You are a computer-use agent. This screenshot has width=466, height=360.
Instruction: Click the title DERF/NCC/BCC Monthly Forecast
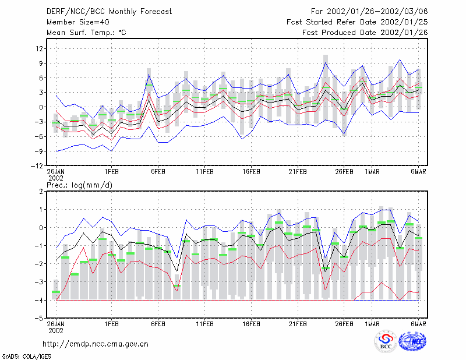pos(109,12)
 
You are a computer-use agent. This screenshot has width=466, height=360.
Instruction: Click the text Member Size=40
pos(78,22)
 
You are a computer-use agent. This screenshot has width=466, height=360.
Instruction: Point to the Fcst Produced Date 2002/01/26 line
pos(365,33)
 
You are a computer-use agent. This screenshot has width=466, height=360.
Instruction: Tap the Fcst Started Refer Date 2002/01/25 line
pos(357,22)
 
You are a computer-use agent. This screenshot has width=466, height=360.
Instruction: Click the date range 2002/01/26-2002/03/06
pos(377,12)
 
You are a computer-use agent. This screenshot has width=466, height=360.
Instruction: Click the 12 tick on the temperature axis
pos(40,48)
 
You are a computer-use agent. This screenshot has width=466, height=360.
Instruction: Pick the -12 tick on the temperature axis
pos(37,165)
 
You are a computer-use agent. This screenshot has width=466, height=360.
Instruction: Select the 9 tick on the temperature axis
pos(41,63)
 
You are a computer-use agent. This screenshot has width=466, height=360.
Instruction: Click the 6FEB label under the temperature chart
pos(158,172)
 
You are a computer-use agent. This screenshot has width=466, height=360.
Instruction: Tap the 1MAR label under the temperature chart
pos(372,172)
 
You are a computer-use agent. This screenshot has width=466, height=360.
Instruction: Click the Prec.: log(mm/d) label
pos(79,185)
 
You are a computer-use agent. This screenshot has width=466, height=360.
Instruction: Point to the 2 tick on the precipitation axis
pos(41,191)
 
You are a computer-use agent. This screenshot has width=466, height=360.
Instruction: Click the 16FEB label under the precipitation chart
pos(251,324)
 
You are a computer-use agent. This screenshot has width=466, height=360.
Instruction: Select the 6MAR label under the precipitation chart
pos(418,324)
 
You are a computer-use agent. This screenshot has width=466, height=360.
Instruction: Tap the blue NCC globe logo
pos(412,341)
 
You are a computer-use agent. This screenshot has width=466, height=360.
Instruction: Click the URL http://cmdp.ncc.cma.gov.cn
pos(96,344)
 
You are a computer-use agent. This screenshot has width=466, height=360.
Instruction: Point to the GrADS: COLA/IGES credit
pos(27,357)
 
